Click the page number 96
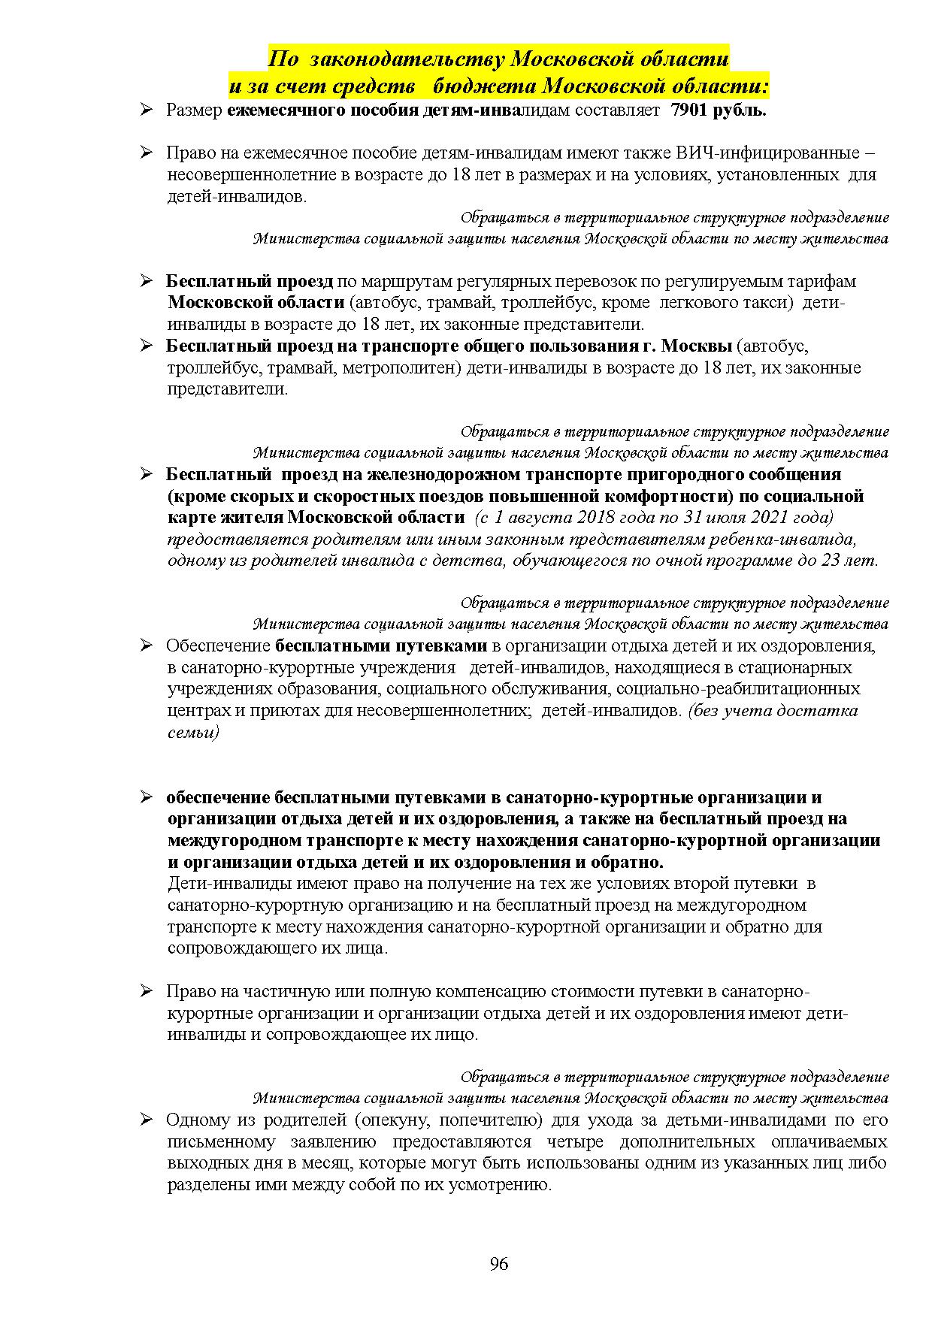click(x=498, y=1263)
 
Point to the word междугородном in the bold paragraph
click(x=234, y=841)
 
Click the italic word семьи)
click(x=193, y=733)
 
